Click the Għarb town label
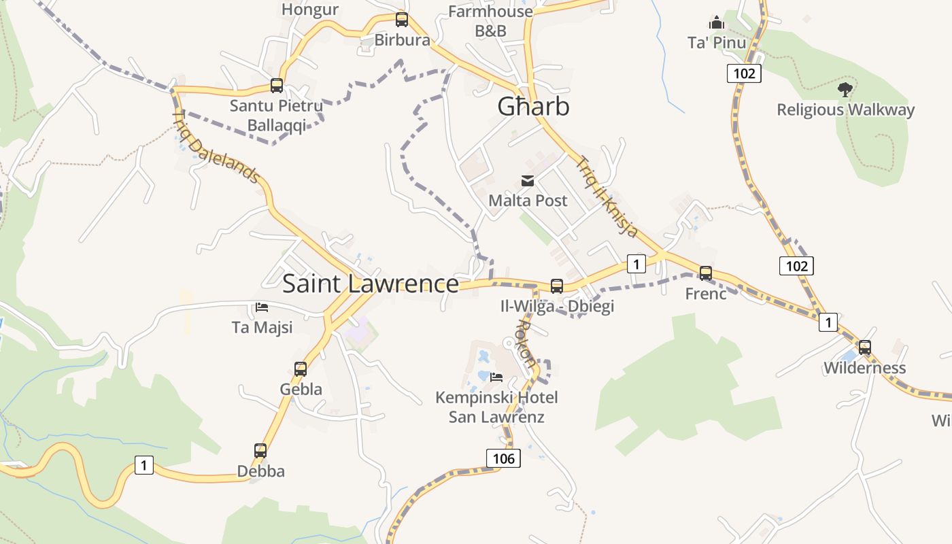533,107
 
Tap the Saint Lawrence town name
370,284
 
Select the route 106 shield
503,458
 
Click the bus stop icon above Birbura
402,19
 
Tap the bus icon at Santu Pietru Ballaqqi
277,86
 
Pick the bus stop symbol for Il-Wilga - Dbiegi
557,286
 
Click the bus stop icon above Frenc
706,273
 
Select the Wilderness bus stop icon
864,347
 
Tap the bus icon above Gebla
301,369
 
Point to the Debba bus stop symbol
260,451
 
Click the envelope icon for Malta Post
528,180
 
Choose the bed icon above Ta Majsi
262,307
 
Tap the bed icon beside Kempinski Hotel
496,377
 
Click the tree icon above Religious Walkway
845,89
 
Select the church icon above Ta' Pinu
717,22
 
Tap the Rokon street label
526,343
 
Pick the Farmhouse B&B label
490,21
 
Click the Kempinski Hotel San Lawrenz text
496,407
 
